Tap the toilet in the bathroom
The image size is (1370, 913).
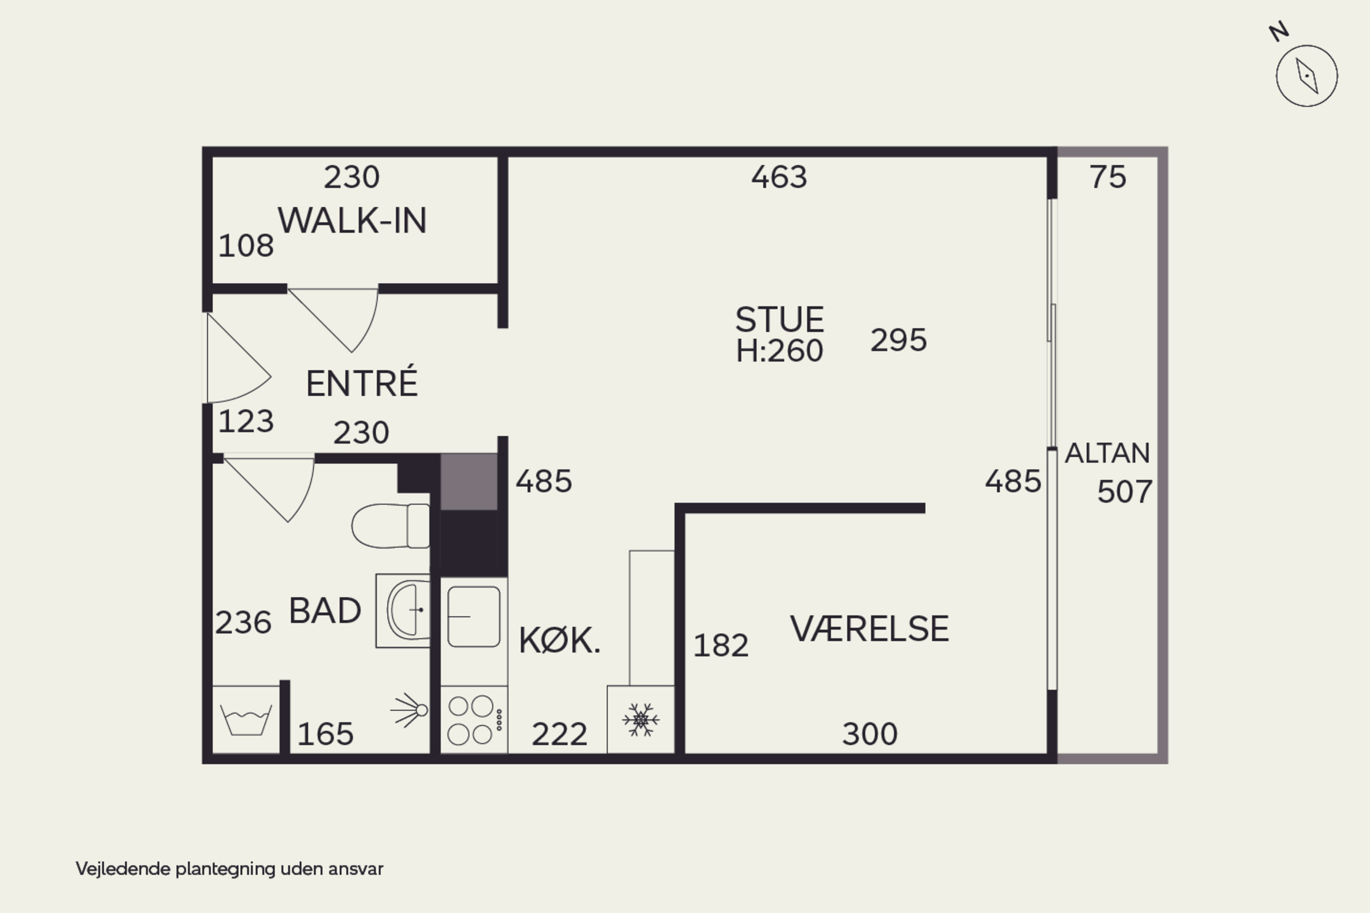pyautogui.click(x=391, y=526)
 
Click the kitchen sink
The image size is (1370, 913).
pyautogui.click(x=474, y=616)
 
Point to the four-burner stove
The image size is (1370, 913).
pyautogui.click(x=474, y=720)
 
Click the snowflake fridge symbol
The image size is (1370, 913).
pyautogui.click(x=641, y=720)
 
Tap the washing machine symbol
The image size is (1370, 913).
pyautogui.click(x=246, y=720)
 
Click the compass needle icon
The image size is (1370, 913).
pyautogui.click(x=1307, y=76)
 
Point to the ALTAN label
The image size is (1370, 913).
pyautogui.click(x=1107, y=453)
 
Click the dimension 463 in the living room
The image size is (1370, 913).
pyautogui.click(x=780, y=177)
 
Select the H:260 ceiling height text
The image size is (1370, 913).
pyautogui.click(x=780, y=351)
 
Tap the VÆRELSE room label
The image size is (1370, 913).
pyautogui.click(x=869, y=629)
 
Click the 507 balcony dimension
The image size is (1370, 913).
pyautogui.click(x=1125, y=492)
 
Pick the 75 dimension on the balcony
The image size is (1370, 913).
pyautogui.click(x=1108, y=177)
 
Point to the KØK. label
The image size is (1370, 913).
pyautogui.click(x=559, y=640)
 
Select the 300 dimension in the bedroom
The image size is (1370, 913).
pyautogui.click(x=869, y=734)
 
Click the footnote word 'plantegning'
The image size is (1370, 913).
pyautogui.click(x=226, y=869)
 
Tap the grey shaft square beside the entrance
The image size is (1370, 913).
pyautogui.click(x=469, y=482)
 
